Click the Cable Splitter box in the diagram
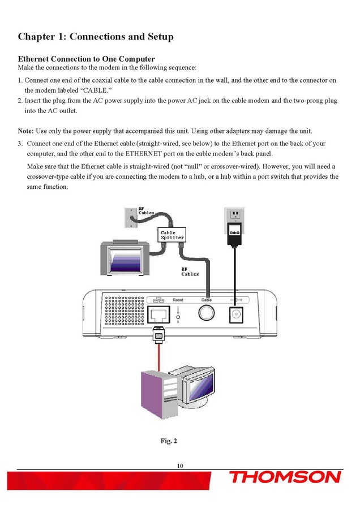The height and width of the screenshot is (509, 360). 172,235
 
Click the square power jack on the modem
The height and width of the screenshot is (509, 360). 234,315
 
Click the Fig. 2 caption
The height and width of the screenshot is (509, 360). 169,441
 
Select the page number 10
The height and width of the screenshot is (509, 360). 180,465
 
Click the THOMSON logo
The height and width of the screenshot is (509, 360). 285,477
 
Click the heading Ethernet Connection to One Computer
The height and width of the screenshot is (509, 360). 86,59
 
